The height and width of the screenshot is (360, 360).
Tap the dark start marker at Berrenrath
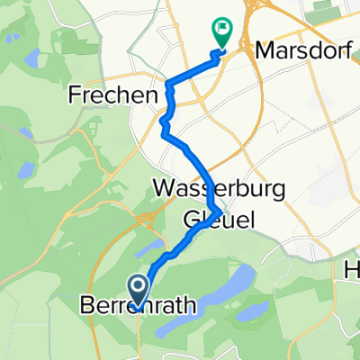click(x=139, y=289)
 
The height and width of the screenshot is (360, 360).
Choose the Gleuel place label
click(x=217, y=218)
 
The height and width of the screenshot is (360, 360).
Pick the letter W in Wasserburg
click(x=165, y=191)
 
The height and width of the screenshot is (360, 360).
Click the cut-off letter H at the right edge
click(x=354, y=269)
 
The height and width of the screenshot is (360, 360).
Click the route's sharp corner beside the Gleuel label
click(x=219, y=212)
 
